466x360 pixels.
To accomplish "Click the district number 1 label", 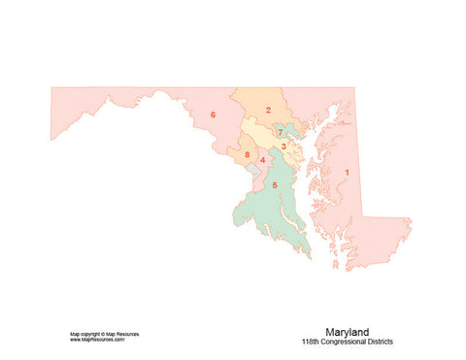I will (x=347, y=174).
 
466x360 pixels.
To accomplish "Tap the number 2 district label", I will (x=267, y=110).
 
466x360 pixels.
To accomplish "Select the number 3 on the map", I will (x=283, y=147).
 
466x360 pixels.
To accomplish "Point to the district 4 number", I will (x=262, y=160).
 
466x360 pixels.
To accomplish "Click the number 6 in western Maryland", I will (x=213, y=115).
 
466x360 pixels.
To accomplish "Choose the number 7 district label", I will (x=280, y=132).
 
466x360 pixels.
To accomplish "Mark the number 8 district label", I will (x=248, y=154).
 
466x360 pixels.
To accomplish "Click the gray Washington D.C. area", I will (x=255, y=170).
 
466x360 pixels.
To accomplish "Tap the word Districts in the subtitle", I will (x=380, y=342).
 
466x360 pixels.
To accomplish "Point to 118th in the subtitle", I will (x=312, y=342).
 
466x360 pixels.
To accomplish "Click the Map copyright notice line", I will (x=104, y=334).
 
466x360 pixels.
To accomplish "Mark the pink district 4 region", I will (x=266, y=173).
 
